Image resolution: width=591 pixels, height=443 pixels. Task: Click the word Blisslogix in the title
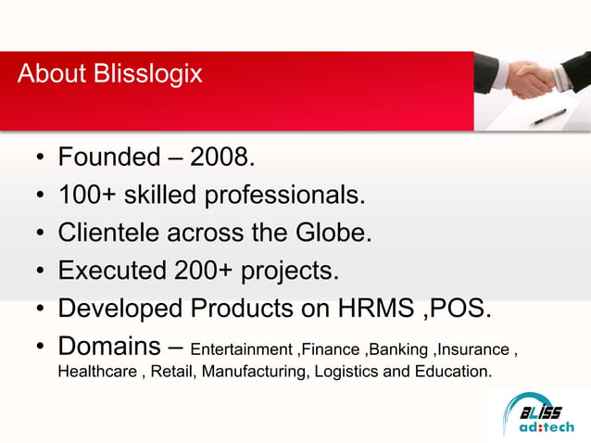148,74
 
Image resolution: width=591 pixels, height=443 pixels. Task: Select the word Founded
108,158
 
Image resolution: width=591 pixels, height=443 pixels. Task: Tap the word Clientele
109,233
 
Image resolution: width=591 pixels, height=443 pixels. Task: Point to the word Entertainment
241,349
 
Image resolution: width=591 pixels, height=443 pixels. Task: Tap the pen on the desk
548,117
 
